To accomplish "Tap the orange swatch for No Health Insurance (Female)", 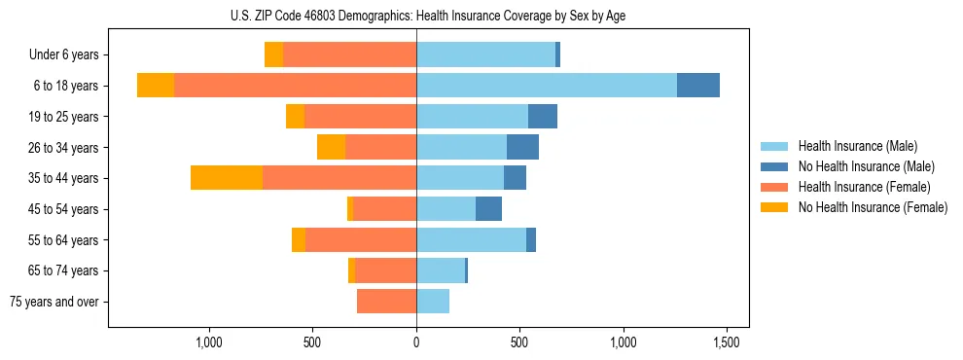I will click(775, 207).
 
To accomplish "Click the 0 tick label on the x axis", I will click(416, 342).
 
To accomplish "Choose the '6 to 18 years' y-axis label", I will click(65, 86).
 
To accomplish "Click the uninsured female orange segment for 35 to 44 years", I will click(227, 178).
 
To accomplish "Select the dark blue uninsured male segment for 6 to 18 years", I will click(698, 86).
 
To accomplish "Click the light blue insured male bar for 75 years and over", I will click(433, 302).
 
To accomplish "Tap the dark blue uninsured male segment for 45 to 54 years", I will click(488, 209).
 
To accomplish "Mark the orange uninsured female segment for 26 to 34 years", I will click(331, 147).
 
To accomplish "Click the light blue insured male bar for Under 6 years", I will click(485, 55).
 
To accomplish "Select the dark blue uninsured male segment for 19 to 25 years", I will click(543, 117).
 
